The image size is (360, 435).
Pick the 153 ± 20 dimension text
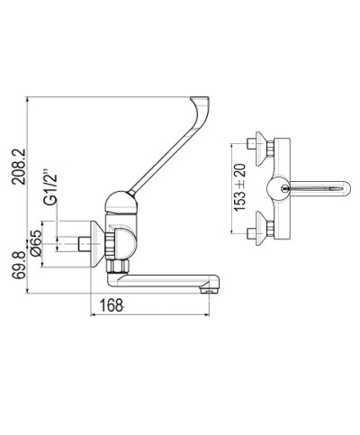coord(238,187)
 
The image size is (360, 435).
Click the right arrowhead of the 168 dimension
coord(214,315)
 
